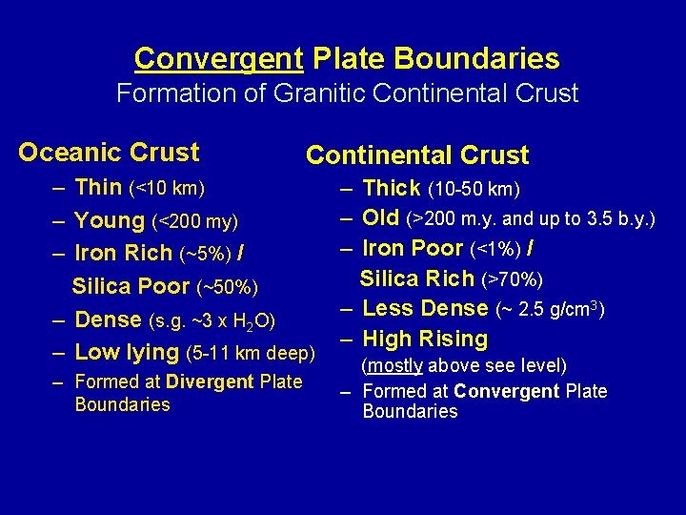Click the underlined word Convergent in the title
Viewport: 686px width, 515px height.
[x=218, y=59]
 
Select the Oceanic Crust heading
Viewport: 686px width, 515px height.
[x=109, y=153]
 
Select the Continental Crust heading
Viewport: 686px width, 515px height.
[x=417, y=155]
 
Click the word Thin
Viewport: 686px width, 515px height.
[x=98, y=188]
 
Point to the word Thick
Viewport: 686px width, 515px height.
[x=392, y=189]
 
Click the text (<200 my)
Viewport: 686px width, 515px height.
[x=194, y=222]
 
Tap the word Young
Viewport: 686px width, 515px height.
[x=110, y=221]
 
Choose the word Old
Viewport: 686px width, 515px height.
[x=380, y=218]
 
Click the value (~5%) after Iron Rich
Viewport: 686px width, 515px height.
[x=196, y=255]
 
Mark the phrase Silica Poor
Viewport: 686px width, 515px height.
[x=131, y=287]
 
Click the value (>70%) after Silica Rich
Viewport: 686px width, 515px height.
[x=515, y=280]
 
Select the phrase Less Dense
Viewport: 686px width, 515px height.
[x=425, y=309]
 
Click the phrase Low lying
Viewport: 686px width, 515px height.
[x=127, y=353]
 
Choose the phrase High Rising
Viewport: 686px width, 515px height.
[x=425, y=340]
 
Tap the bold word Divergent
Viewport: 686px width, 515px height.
[x=210, y=382]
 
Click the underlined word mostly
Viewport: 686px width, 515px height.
[x=395, y=366]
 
